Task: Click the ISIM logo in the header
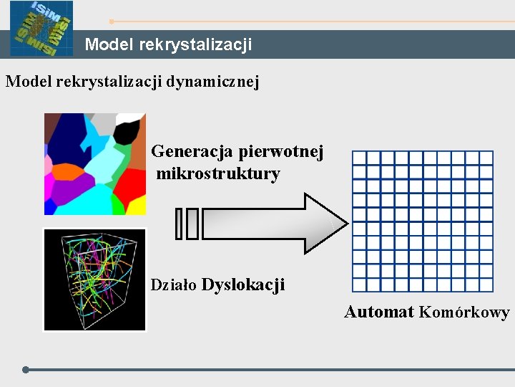pos(41,29)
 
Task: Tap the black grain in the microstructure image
pos(127,131)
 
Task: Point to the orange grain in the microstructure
pos(67,172)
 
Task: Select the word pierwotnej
pos(282,152)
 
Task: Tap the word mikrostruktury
pos(218,173)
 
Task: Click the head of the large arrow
pos(325,223)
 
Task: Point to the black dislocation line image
pos(94,279)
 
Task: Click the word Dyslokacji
pos(243,285)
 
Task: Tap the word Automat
pos(379,312)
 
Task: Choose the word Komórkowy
pos(464,312)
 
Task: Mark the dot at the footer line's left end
pos(26,370)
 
